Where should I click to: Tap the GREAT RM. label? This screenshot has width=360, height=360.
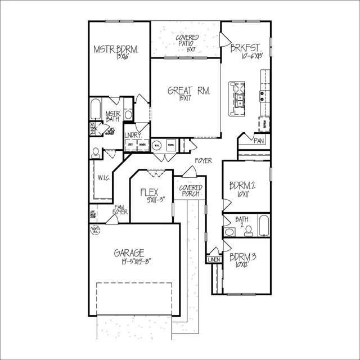coord(189,91)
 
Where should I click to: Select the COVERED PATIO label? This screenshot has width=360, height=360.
coord(187,40)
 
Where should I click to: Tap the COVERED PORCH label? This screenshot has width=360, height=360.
coord(190,191)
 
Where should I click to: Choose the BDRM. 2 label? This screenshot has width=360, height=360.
coord(243,185)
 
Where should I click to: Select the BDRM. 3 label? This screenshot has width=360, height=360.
coord(243,257)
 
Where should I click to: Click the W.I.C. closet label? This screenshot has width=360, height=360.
coord(103,178)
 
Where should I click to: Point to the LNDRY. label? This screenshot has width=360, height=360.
coord(133,135)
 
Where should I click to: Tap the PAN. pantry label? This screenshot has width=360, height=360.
coord(259,141)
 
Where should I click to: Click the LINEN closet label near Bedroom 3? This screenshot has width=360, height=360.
coord(214,260)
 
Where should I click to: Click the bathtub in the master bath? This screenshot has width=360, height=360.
coord(95,109)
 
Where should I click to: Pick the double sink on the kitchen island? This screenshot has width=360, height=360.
coord(240,100)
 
